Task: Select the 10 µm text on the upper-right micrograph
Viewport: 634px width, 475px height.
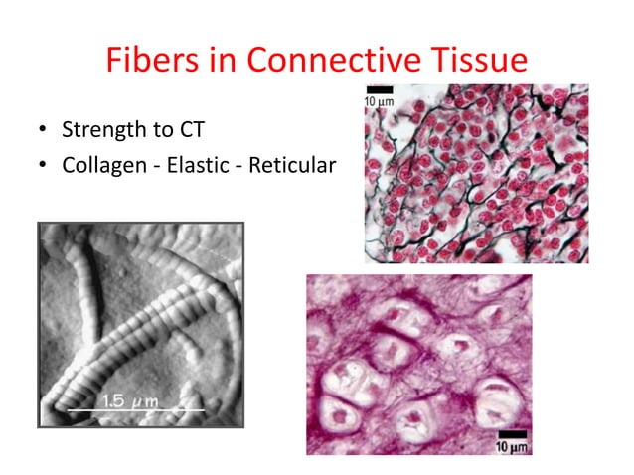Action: [x=379, y=102]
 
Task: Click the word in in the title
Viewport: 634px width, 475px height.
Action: [x=227, y=61]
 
